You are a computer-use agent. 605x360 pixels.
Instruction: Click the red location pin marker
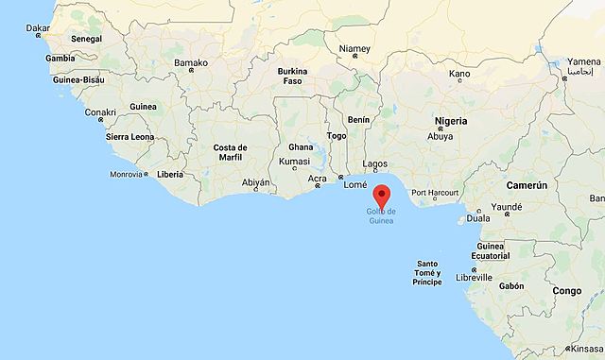coord(381,197)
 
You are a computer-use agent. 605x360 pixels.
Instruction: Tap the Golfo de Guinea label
coord(381,216)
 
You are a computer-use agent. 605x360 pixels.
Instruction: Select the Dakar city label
coord(37,28)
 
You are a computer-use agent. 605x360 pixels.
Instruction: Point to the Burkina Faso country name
coord(293,77)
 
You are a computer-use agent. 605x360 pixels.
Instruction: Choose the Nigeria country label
coord(451,122)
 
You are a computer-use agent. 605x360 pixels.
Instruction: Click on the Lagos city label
coord(375,163)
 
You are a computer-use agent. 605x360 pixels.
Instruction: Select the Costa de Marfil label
coord(230,153)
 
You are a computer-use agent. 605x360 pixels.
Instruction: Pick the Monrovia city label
coord(126,174)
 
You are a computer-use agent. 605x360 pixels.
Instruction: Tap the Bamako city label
coord(190,62)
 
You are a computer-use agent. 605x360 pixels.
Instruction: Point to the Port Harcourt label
coord(435,192)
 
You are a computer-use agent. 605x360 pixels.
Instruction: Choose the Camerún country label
coord(527,187)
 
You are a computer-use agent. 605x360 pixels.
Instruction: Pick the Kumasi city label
coord(294,163)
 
